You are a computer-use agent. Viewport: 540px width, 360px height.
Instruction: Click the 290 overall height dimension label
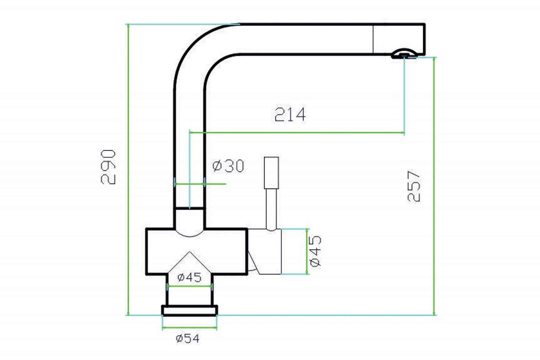(x=108, y=167)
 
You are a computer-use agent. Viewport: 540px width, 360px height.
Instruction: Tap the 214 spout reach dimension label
(x=290, y=114)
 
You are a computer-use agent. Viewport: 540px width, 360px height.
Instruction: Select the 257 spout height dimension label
(x=414, y=186)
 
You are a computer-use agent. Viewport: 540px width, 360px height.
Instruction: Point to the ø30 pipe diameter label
(x=228, y=166)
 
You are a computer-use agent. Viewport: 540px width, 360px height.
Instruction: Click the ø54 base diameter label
(x=188, y=338)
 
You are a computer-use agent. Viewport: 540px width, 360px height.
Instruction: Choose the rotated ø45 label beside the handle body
(x=315, y=251)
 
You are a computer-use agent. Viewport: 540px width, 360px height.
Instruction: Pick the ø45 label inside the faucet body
(x=189, y=278)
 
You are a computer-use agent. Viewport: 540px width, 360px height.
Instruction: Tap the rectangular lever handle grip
(x=271, y=173)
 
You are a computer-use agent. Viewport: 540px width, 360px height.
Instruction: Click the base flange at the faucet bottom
(x=189, y=310)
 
